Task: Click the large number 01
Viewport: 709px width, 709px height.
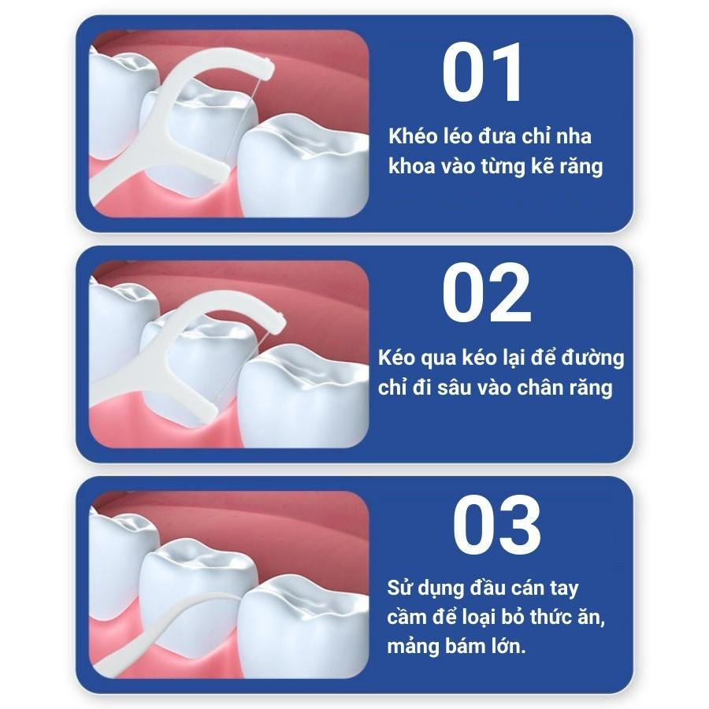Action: click(482, 72)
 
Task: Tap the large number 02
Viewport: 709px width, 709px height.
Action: click(487, 292)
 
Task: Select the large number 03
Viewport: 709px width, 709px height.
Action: click(497, 525)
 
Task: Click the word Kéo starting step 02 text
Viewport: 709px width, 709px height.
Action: click(396, 358)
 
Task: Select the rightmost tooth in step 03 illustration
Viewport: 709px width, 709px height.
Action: click(303, 626)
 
